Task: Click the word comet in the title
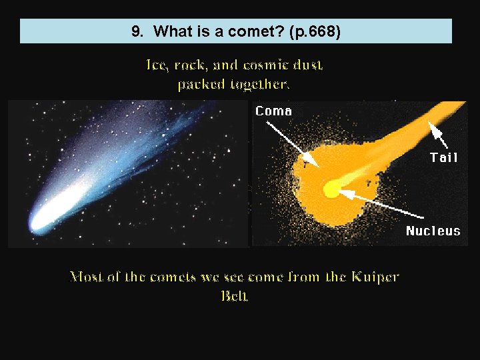(243, 31)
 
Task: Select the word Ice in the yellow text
(157, 65)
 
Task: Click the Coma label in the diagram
(273, 111)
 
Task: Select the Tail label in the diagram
(444, 157)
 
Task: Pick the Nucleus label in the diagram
(433, 231)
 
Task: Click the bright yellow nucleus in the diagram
(331, 191)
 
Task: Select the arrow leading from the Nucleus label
(380, 205)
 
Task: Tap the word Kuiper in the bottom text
(373, 277)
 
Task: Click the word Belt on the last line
(235, 295)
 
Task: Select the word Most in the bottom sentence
(87, 277)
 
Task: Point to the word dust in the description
(309, 65)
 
